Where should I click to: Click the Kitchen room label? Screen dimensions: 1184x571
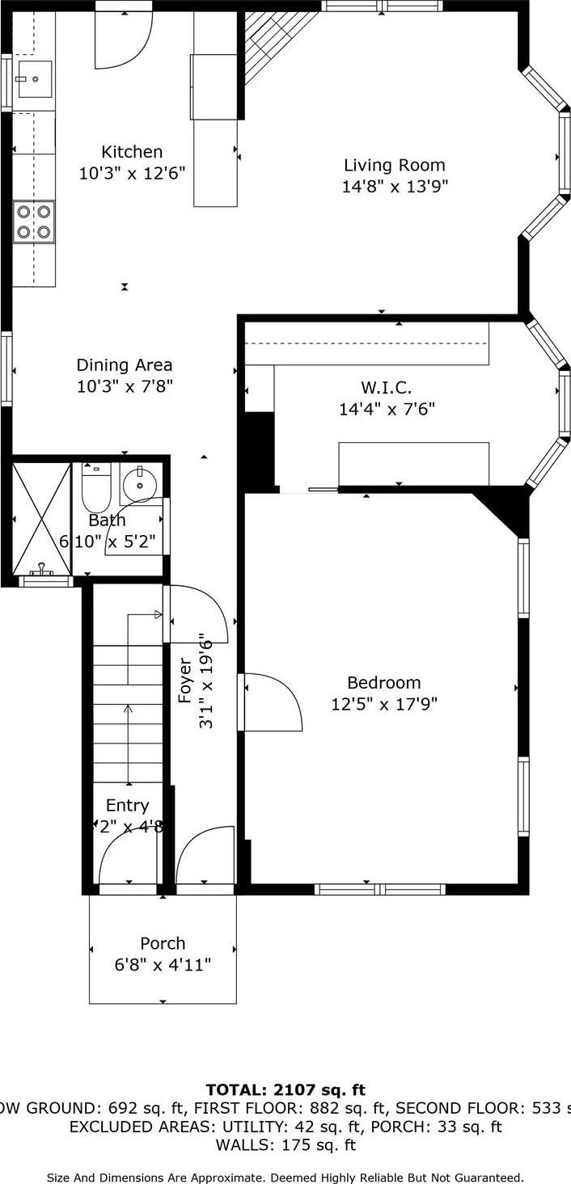[132, 152]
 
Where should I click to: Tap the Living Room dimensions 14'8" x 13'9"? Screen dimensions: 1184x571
[395, 187]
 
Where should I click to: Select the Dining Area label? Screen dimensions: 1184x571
[125, 365]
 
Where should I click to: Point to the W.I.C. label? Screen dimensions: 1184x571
[387, 387]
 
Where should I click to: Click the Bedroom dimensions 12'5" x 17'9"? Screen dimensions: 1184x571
[384, 704]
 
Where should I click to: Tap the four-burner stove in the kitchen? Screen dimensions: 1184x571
[34, 221]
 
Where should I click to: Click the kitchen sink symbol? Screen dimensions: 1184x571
[34, 79]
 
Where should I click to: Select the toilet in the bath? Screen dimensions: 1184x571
[95, 487]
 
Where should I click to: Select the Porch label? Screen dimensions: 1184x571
[163, 943]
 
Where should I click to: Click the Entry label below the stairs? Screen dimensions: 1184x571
[127, 806]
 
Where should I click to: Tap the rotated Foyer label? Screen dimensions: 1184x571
[185, 680]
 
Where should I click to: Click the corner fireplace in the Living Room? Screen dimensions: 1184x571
[271, 40]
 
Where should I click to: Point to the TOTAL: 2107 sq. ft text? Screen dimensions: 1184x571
[285, 1090]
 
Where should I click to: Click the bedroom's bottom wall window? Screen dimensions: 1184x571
[379, 889]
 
